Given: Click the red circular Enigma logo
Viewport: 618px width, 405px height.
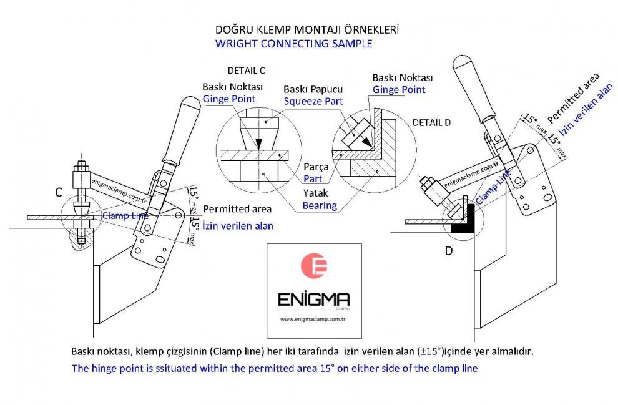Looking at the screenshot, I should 314,266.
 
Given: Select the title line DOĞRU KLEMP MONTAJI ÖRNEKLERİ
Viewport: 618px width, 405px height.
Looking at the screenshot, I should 307,29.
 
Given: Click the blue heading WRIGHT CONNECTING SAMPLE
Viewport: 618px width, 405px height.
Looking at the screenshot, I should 293,44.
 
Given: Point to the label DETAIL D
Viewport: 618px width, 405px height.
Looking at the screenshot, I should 431,122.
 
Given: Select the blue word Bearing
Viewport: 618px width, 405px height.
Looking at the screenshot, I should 320,205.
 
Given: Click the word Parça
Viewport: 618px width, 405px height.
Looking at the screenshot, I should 315,167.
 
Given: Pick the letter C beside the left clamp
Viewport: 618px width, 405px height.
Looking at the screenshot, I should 58,193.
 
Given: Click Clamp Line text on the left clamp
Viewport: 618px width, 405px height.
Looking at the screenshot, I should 125,216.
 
